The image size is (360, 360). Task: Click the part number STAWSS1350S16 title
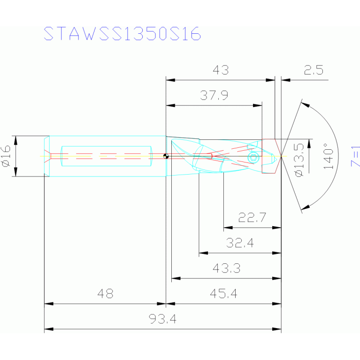click(122, 33)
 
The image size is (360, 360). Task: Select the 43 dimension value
click(221, 70)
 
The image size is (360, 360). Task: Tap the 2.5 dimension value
click(314, 70)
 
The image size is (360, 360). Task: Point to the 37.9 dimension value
click(214, 95)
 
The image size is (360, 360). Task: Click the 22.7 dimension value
click(252, 217)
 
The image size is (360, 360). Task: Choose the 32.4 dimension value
click(240, 243)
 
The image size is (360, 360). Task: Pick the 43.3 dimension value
click(226, 268)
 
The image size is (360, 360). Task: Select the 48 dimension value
click(106, 293)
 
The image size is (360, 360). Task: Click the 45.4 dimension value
click(223, 293)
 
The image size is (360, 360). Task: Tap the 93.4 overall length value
click(162, 319)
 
